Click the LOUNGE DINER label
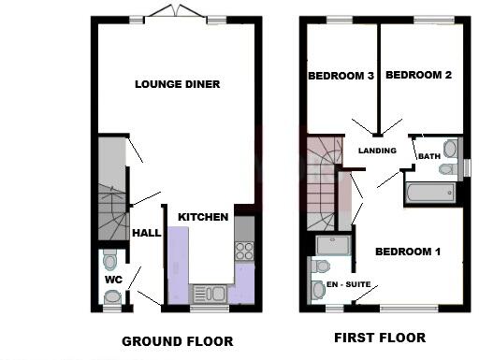177,84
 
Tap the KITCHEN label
203,217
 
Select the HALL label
147,233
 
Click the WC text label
111,279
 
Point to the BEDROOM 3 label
341,76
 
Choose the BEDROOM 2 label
418,76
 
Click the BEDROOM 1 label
408,252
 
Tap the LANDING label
378,151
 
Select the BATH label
429,156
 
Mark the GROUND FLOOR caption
177,341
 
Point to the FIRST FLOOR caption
380,338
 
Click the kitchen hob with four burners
245,250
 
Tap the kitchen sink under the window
208,293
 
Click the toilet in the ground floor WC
110,259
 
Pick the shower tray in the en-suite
334,245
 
